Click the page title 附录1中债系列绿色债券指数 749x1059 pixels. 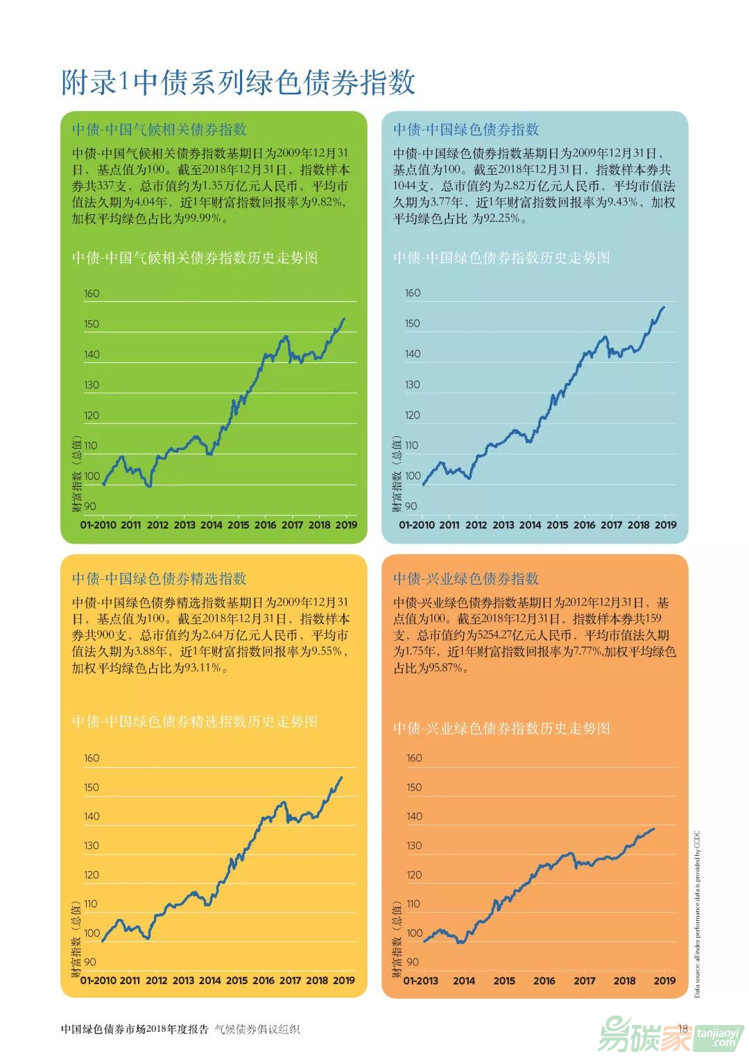pos(238,83)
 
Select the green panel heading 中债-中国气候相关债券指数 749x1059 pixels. pos(159,130)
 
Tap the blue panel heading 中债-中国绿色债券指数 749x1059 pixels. pos(465,130)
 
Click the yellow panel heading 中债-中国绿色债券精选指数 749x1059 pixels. pos(159,579)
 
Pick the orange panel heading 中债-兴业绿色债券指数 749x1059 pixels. pos(465,579)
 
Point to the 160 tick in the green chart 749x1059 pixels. pos(92,293)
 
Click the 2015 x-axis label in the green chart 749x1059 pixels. pos(238,525)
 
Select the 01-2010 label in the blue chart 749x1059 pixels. pos(416,525)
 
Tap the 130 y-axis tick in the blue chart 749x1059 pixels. pos(413,384)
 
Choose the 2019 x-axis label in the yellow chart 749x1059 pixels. pos(343,981)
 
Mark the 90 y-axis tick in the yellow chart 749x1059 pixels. pos(90,962)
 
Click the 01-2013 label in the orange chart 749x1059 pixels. pos(420,981)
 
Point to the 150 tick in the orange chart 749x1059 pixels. pos(414,787)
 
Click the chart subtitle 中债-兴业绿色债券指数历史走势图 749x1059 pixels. pos(501,728)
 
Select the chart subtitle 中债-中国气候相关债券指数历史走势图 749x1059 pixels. pos(195,258)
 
